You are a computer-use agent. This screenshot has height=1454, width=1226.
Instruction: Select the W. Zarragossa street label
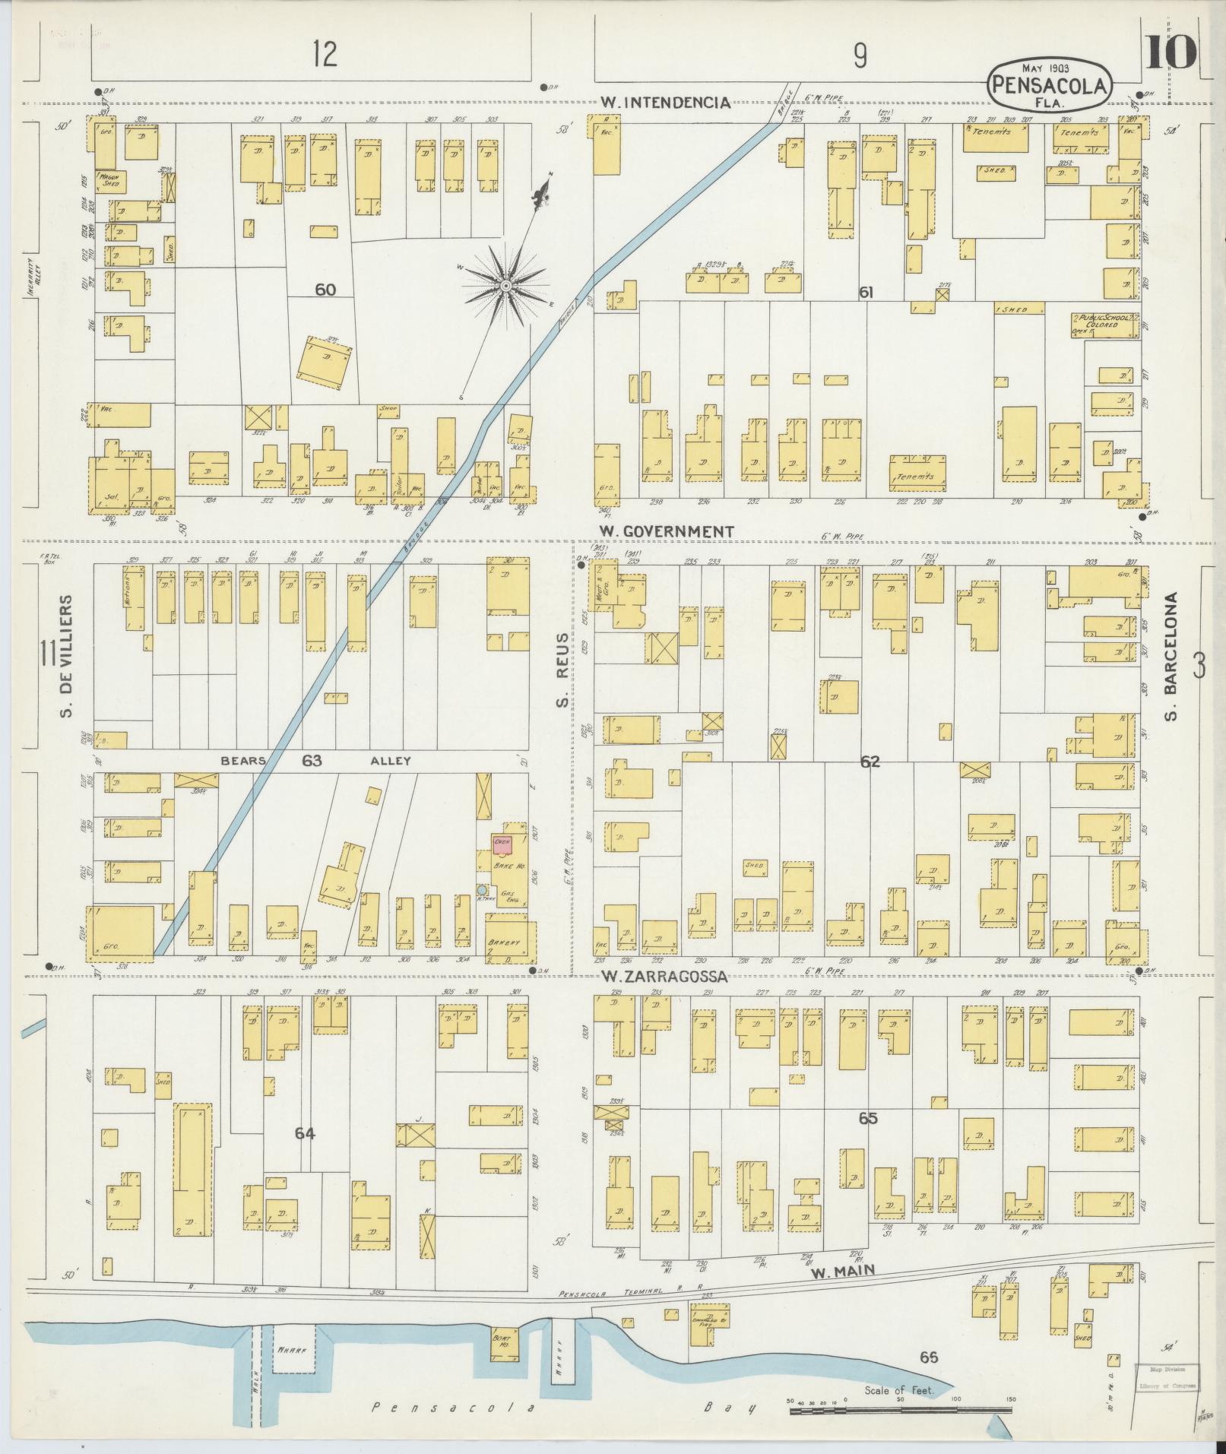point(664,977)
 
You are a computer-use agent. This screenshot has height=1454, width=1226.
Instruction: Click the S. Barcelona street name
point(1171,657)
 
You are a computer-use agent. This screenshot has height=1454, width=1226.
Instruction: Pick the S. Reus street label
point(562,669)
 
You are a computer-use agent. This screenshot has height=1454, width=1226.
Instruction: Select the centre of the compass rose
point(505,285)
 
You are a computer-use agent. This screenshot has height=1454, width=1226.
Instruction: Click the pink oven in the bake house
point(501,844)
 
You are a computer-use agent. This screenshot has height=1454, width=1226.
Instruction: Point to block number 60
point(325,290)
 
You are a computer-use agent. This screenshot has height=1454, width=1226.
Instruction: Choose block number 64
point(306,1133)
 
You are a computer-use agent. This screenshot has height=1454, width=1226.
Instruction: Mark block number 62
point(870,761)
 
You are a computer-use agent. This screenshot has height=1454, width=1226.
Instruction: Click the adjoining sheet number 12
point(325,54)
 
